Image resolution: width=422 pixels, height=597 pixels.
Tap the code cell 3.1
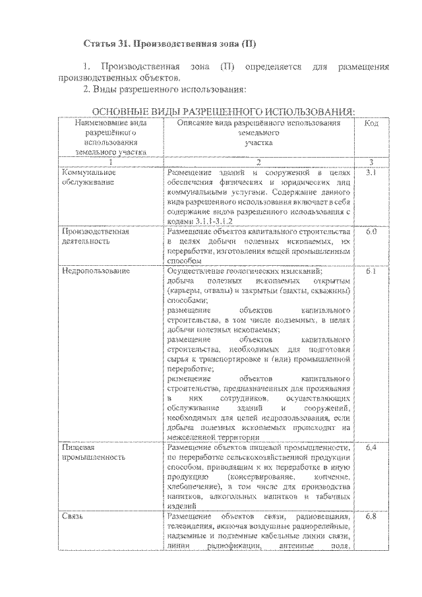click(371, 172)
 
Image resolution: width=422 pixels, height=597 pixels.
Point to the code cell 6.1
click(371, 271)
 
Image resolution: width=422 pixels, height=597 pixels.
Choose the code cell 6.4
click(371, 448)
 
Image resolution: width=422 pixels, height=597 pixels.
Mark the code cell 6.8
click(371, 515)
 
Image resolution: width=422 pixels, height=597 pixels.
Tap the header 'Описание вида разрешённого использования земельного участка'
click(258, 133)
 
